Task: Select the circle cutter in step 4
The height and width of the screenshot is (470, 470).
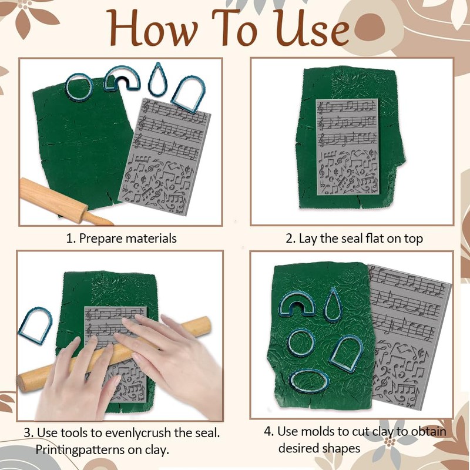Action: (302, 342)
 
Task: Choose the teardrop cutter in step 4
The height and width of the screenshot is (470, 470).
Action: (334, 304)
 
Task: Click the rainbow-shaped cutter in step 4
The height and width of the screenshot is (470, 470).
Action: (297, 304)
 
